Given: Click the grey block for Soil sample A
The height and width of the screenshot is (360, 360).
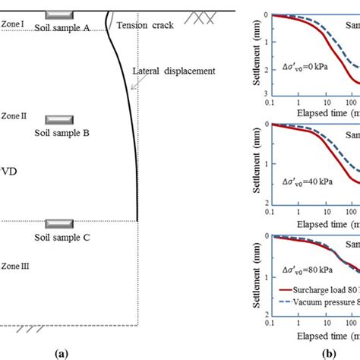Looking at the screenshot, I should [x=58, y=15].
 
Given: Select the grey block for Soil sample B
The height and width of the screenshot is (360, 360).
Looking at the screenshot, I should [x=58, y=120].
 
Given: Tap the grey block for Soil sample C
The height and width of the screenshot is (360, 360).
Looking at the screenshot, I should [x=58, y=224].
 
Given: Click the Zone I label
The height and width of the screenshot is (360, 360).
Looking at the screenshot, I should [x=13, y=24].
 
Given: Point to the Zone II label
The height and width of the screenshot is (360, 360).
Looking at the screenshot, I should [x=14, y=115].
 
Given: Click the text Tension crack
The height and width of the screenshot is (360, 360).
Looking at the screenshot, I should [x=145, y=25].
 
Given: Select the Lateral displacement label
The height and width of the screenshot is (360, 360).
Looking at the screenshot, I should [x=174, y=71].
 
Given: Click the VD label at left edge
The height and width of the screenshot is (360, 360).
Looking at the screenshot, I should [x=9, y=172].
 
